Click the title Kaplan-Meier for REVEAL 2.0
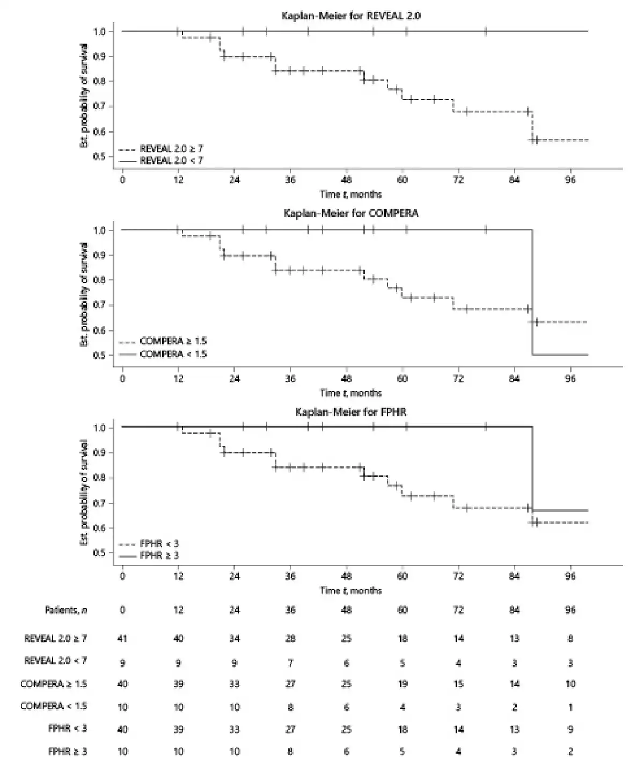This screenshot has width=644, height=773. pos(351,16)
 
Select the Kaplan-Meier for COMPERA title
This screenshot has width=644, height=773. pos(351,213)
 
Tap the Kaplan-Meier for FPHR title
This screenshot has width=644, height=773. pos(351,412)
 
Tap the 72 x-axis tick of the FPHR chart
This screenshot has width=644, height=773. pos(458,576)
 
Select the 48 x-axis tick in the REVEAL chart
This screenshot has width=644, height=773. pos(346,180)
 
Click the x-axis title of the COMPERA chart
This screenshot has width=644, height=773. pos(351,393)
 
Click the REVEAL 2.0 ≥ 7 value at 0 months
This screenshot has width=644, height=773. pos(122,639)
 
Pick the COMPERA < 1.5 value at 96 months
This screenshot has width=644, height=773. pos(570,707)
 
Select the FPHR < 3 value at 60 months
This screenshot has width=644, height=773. pos(402,729)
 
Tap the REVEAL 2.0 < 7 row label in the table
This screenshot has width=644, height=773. pos(55,661)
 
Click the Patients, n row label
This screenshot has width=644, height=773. pos(66,610)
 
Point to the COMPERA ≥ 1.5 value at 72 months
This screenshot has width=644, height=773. pos(458,684)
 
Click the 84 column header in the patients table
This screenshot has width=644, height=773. pos(514,610)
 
